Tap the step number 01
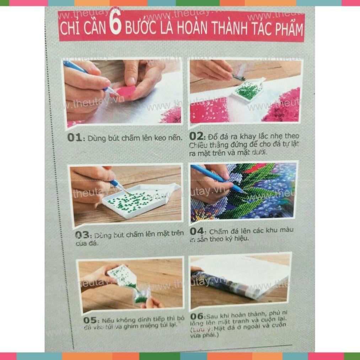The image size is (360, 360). point(74,138)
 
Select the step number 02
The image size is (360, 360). point(196,136)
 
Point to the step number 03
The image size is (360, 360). point(82,235)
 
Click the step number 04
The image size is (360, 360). point(197,231)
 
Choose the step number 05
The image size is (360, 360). point(90,320)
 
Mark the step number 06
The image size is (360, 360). point(197,316)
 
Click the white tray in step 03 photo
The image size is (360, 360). point(139,202)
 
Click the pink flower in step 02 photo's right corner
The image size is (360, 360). point(284,107)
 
